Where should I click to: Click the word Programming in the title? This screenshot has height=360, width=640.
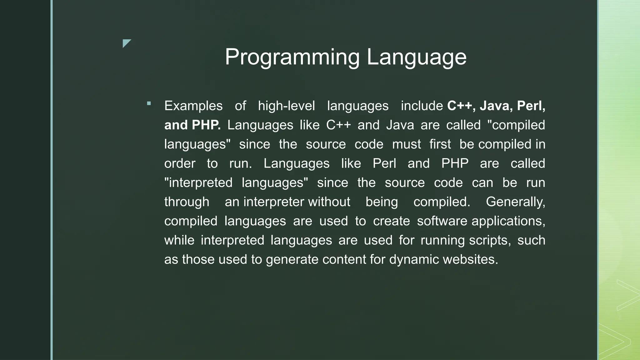point(292,57)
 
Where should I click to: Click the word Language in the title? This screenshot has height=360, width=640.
point(416,57)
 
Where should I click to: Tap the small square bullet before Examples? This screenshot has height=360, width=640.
point(149,103)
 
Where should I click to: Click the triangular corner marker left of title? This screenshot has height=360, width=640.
point(126,43)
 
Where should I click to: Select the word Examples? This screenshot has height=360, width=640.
point(193,106)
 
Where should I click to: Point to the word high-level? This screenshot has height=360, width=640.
point(286,106)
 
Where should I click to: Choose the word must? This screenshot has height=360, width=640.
point(406,144)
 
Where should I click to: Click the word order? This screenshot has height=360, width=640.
point(180,163)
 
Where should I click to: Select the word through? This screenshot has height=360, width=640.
point(187,202)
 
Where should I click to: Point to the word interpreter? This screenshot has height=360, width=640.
point(273,202)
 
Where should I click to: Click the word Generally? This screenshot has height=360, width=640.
point(515,202)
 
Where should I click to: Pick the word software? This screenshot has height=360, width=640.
point(442,221)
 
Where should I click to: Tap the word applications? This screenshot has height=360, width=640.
point(508,221)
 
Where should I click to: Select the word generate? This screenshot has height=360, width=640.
point(292,260)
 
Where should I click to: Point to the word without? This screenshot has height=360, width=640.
point(329,202)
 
